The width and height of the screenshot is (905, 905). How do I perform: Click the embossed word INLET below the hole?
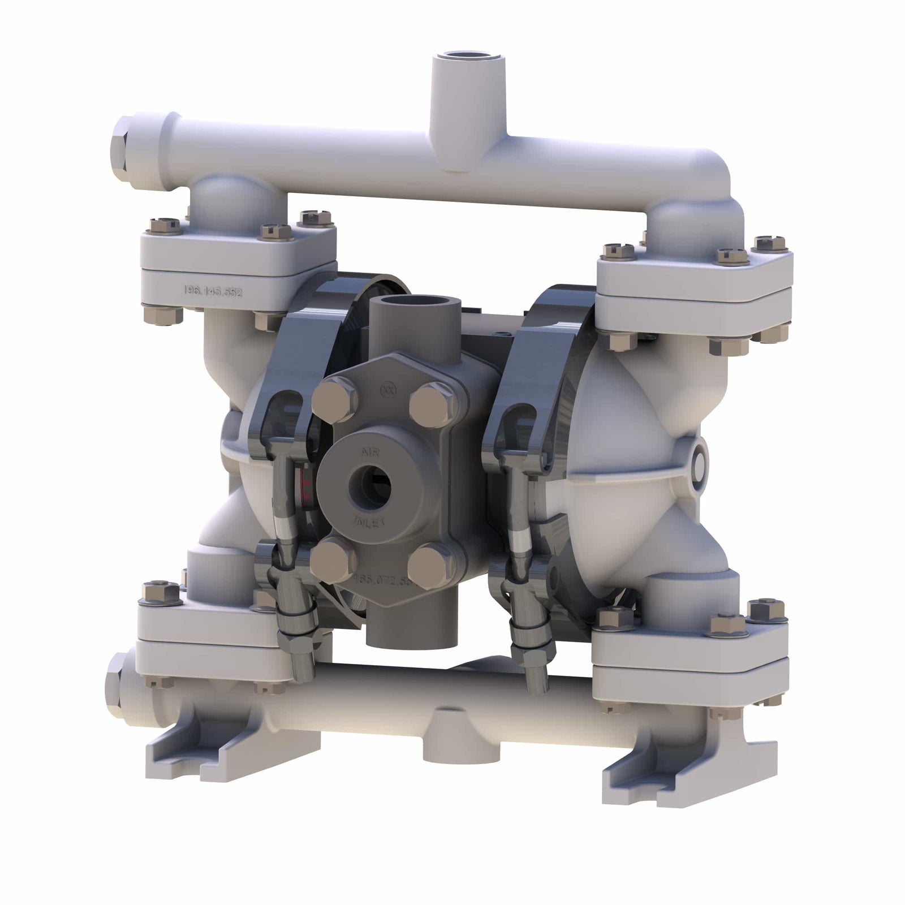coord(369,521)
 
